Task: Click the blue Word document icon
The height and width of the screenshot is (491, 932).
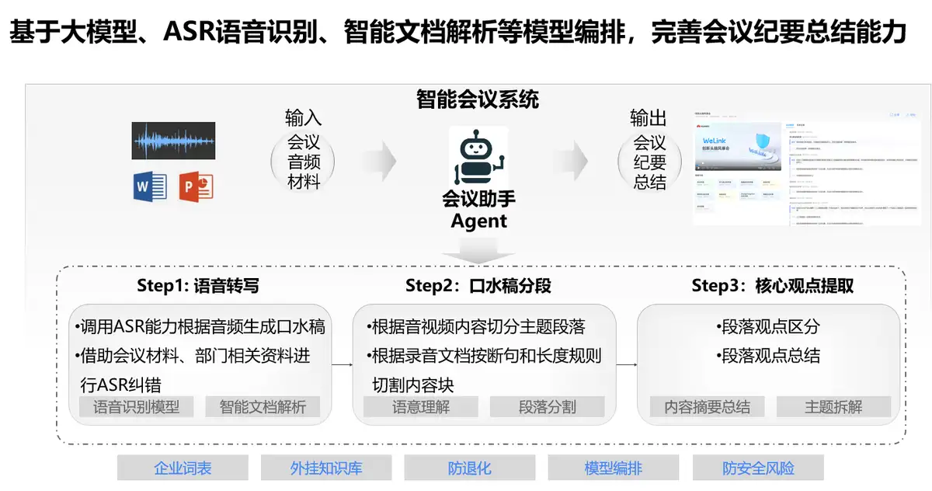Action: point(150,186)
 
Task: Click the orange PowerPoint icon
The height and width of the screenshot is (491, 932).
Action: point(196,186)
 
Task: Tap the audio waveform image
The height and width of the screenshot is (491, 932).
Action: point(173,141)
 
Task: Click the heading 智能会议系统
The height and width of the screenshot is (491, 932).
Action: point(478,99)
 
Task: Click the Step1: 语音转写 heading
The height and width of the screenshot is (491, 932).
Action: point(198,286)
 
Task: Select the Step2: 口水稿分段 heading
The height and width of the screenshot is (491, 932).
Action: point(478,286)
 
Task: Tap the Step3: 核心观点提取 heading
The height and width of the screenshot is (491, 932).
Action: point(773,286)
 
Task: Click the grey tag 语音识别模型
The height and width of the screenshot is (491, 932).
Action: point(137,406)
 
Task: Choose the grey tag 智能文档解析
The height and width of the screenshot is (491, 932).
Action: point(263,406)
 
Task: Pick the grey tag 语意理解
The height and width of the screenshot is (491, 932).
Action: point(421,406)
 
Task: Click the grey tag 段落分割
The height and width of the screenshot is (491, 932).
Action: point(548,406)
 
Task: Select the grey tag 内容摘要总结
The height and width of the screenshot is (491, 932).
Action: point(708,406)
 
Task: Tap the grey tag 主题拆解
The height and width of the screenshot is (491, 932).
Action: point(834,406)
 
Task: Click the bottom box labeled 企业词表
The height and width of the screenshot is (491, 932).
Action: point(183,468)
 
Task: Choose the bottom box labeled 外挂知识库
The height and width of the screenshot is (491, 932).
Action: point(326,468)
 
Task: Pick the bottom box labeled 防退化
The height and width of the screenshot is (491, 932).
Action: point(470,468)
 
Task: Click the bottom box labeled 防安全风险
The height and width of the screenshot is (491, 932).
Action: point(758,468)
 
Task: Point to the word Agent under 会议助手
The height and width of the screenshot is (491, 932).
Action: point(478,221)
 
